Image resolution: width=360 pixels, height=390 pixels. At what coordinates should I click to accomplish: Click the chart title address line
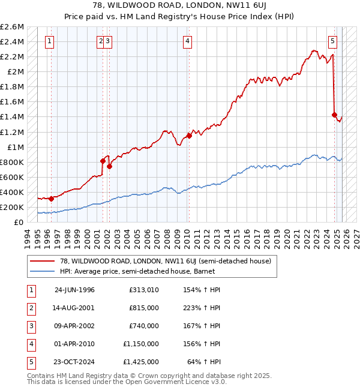pos(179,6)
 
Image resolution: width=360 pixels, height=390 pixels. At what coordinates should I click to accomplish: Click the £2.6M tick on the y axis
pos(12,27)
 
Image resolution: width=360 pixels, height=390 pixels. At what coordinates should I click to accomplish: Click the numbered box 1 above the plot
pos(49,41)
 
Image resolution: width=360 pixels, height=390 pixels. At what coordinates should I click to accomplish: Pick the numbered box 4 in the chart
pos(188,41)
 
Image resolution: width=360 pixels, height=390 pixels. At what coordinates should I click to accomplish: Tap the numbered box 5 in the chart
pos(332,41)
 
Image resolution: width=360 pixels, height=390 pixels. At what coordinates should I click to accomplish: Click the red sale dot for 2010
pos(189,136)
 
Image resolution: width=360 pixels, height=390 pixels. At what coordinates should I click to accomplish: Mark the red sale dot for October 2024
pos(334,115)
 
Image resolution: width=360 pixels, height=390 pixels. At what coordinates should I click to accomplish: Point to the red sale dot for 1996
pos(52,199)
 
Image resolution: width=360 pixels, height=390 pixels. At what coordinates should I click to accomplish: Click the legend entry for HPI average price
pos(133,272)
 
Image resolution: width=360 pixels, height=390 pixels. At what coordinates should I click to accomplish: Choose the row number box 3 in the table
pos(30,326)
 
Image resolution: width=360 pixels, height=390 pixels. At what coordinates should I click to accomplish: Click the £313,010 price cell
pos(143,290)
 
